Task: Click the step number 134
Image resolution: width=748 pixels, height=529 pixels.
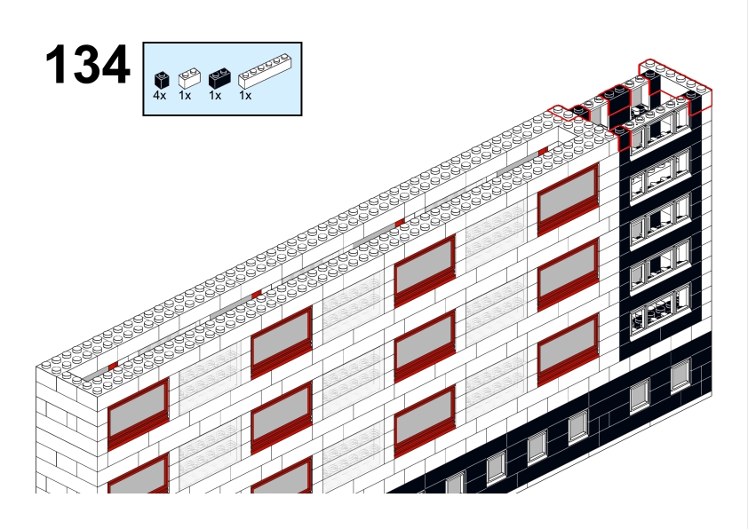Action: coord(87,64)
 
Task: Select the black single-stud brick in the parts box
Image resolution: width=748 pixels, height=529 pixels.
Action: coord(162,80)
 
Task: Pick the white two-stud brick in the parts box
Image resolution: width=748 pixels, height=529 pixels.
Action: coord(189,78)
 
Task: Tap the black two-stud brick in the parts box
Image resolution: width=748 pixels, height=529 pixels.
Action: coord(220,79)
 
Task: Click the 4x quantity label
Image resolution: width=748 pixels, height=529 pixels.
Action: coord(160,96)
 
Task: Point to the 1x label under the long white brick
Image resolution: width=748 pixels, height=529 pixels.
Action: coord(245,96)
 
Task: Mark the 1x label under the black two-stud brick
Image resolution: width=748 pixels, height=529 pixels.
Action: coord(215,96)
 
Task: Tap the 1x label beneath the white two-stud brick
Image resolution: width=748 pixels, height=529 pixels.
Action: coord(185,96)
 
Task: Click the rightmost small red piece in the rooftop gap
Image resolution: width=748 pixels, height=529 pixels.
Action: coord(543,152)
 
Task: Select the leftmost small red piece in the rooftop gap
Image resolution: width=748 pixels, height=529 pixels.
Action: coord(113,366)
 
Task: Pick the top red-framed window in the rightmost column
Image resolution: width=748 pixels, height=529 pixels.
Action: coord(569,200)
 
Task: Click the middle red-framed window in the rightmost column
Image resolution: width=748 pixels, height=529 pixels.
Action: coord(569,275)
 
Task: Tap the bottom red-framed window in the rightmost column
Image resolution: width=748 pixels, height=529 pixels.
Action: coord(569,350)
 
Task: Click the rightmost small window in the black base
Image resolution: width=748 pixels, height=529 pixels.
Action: coord(680,375)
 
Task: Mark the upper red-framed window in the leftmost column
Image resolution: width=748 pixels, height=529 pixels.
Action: coord(139,415)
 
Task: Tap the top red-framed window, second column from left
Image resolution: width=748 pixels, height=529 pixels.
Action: coord(282,343)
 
